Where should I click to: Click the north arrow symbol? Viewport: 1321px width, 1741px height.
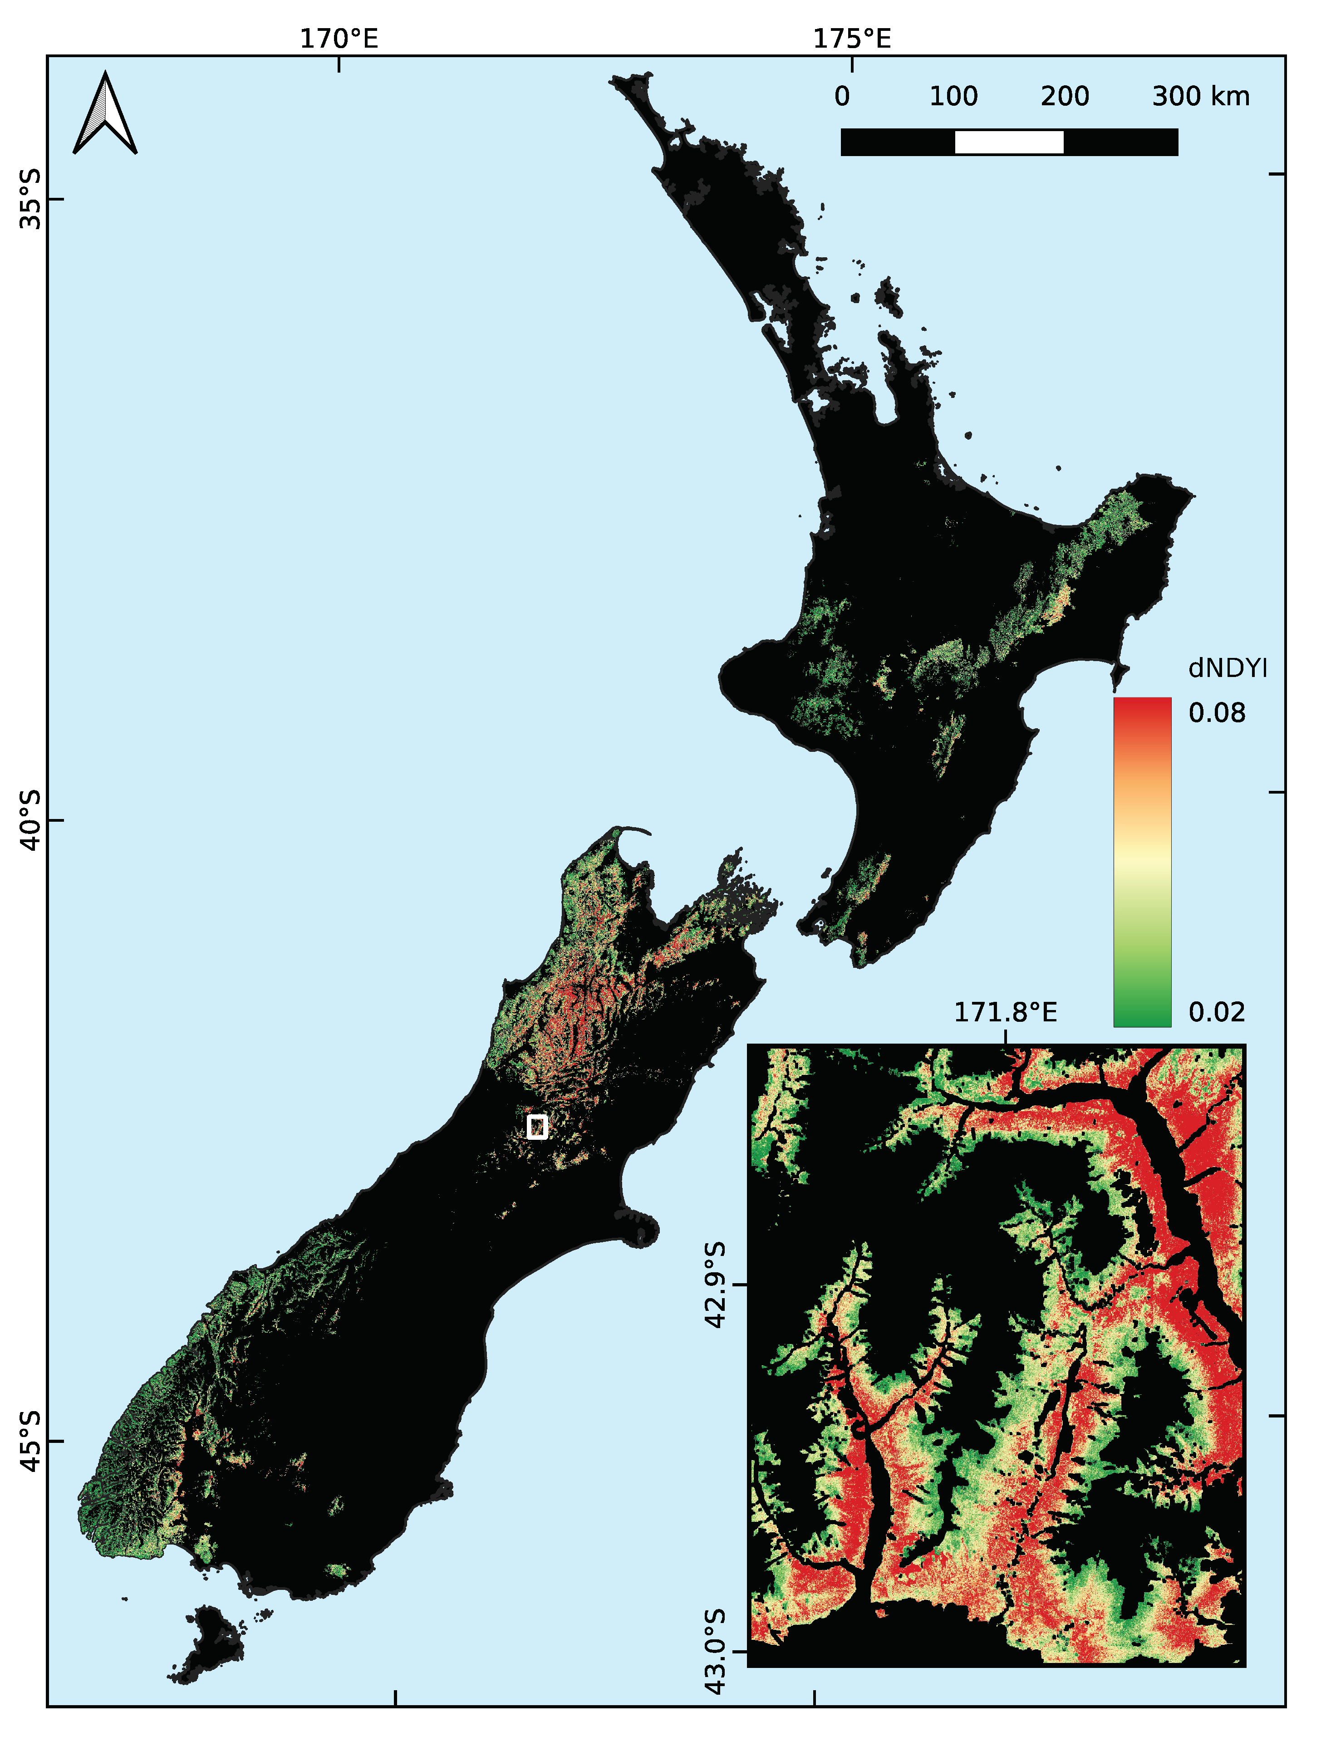click(105, 114)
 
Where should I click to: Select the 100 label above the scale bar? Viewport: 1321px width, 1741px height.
click(953, 97)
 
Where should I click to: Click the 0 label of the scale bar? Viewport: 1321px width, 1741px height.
click(842, 97)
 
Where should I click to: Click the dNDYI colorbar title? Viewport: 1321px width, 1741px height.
click(1228, 669)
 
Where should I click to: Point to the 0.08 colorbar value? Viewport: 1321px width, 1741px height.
click(1216, 713)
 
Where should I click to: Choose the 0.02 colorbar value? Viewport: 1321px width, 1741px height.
click(1216, 1012)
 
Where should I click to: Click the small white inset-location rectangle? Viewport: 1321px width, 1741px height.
click(537, 1126)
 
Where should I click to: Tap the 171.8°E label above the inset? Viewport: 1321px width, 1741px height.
click(1005, 1012)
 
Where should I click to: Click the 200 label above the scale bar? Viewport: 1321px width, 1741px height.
click(1064, 97)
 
